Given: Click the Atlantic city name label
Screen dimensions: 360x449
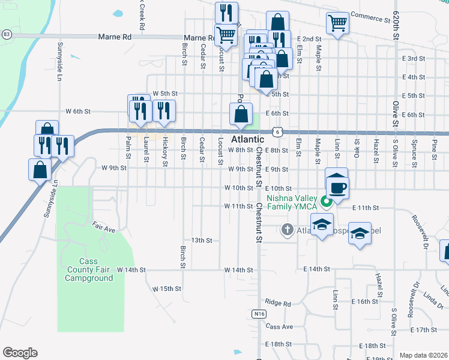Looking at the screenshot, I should click(248, 139).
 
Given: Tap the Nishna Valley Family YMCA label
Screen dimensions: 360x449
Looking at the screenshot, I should click(292, 202).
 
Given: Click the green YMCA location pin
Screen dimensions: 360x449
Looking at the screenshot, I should click(327, 202).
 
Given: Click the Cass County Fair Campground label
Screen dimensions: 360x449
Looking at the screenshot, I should click(89, 270).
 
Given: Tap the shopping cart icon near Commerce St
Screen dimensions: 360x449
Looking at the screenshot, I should click(337, 23).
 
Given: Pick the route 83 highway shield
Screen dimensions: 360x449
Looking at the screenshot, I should click(6, 35).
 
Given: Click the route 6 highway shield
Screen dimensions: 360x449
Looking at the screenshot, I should click(275, 130).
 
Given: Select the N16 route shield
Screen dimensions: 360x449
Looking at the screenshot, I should click(258, 313).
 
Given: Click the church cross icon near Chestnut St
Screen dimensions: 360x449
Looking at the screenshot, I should click(287, 229).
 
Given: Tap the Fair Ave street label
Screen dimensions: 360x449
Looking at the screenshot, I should click(103, 229).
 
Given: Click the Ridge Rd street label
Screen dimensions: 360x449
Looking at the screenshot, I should click(277, 303).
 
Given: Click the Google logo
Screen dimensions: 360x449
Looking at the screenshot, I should click(19, 353).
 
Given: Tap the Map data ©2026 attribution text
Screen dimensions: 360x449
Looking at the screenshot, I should click(423, 355).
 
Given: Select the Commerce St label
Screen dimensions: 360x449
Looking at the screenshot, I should click(370, 17).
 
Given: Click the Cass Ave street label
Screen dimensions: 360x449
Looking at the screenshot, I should click(279, 327).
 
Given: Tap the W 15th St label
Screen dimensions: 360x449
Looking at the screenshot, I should click(167, 289).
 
